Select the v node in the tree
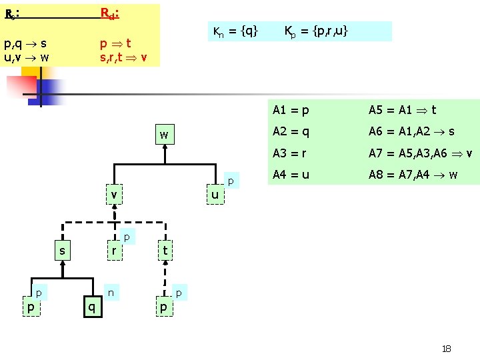[x=115, y=195]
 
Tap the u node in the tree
[x=215, y=195]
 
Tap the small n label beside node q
[x=111, y=292]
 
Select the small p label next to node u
[x=230, y=181]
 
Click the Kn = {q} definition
[x=235, y=31]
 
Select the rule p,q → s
[x=25, y=44]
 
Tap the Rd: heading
[x=109, y=13]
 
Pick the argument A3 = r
[x=289, y=153]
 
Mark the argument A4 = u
[x=290, y=176]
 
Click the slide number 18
[x=447, y=349]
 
